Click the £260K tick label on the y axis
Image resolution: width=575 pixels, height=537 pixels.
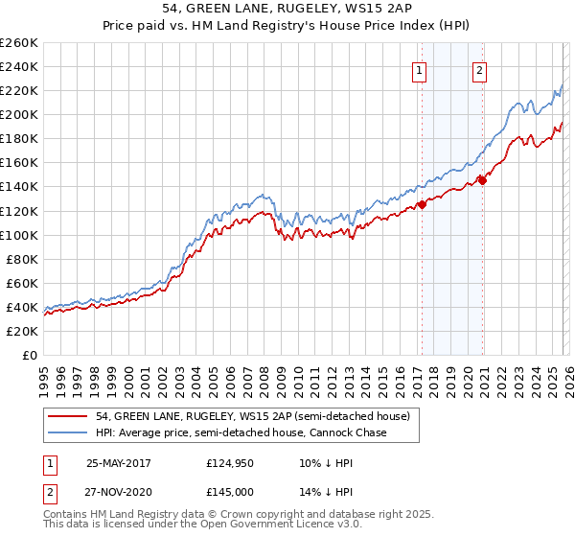tap(18, 43)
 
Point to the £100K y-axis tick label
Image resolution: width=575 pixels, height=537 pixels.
tap(18, 235)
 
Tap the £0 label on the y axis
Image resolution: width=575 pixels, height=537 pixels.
tap(31, 355)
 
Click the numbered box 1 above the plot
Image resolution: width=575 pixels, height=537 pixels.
tap(420, 69)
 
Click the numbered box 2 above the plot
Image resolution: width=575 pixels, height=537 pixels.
tap(479, 69)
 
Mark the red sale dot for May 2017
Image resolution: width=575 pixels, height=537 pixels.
tap(422, 204)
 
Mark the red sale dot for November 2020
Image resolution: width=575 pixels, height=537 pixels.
tap(483, 179)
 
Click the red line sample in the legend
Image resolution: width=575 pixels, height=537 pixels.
tap(68, 416)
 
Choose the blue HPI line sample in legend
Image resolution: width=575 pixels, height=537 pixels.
tap(68, 433)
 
